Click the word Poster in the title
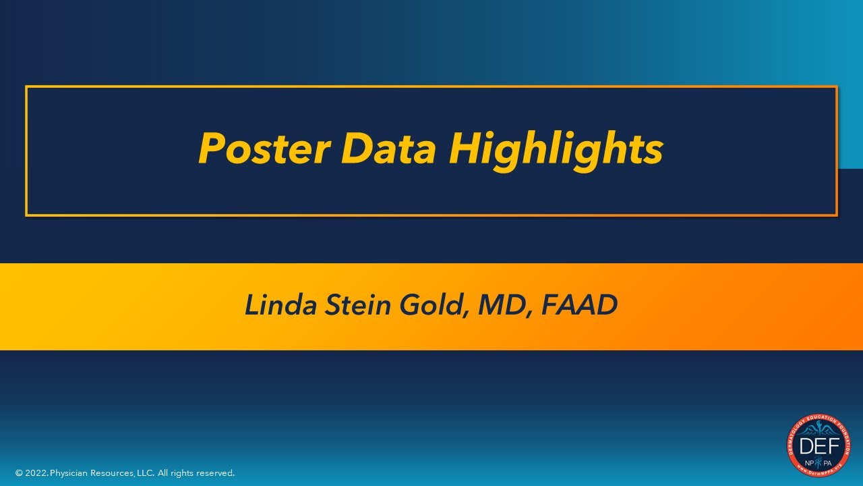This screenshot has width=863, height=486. (264, 148)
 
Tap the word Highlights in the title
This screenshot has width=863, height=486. (556, 148)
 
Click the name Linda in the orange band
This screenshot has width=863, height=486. (280, 305)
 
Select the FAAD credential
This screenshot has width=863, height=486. (580, 305)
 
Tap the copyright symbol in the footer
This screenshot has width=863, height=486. (19, 473)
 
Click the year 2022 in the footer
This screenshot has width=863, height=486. (36, 473)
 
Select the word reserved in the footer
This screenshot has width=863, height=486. (215, 473)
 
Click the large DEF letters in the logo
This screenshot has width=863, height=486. (819, 446)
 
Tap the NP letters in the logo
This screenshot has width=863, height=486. (809, 462)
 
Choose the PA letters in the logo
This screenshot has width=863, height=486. (828, 462)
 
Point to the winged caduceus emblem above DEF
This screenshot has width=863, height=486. (819, 430)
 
